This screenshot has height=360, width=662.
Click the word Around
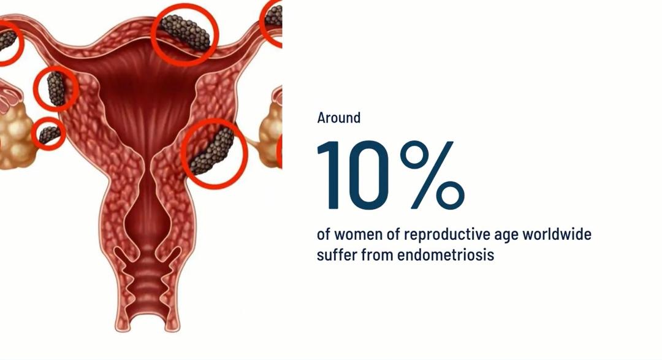pyautogui.click(x=338, y=118)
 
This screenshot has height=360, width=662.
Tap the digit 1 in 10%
pyautogui.click(x=332, y=175)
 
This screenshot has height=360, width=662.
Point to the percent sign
pyautogui.click(x=432, y=175)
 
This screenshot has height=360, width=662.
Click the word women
pyautogui.click(x=357, y=235)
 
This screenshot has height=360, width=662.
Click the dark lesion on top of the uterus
pyautogui.click(x=185, y=33)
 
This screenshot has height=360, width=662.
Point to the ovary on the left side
pyautogui.click(x=15, y=135)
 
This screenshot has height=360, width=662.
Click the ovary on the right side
pyautogui.click(x=271, y=135)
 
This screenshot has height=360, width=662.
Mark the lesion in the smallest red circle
pyautogui.click(x=50, y=134)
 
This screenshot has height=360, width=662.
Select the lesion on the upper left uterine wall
pyautogui.click(x=56, y=88)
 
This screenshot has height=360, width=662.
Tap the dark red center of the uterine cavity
pyautogui.click(x=147, y=97)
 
